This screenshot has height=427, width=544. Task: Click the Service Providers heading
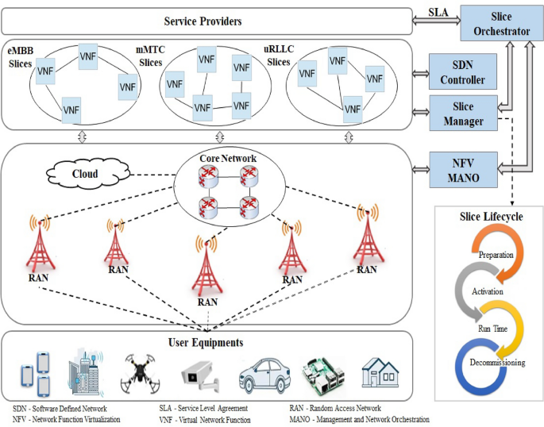203,21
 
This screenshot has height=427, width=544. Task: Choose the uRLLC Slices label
279,56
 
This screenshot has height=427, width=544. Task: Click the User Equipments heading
206,343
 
